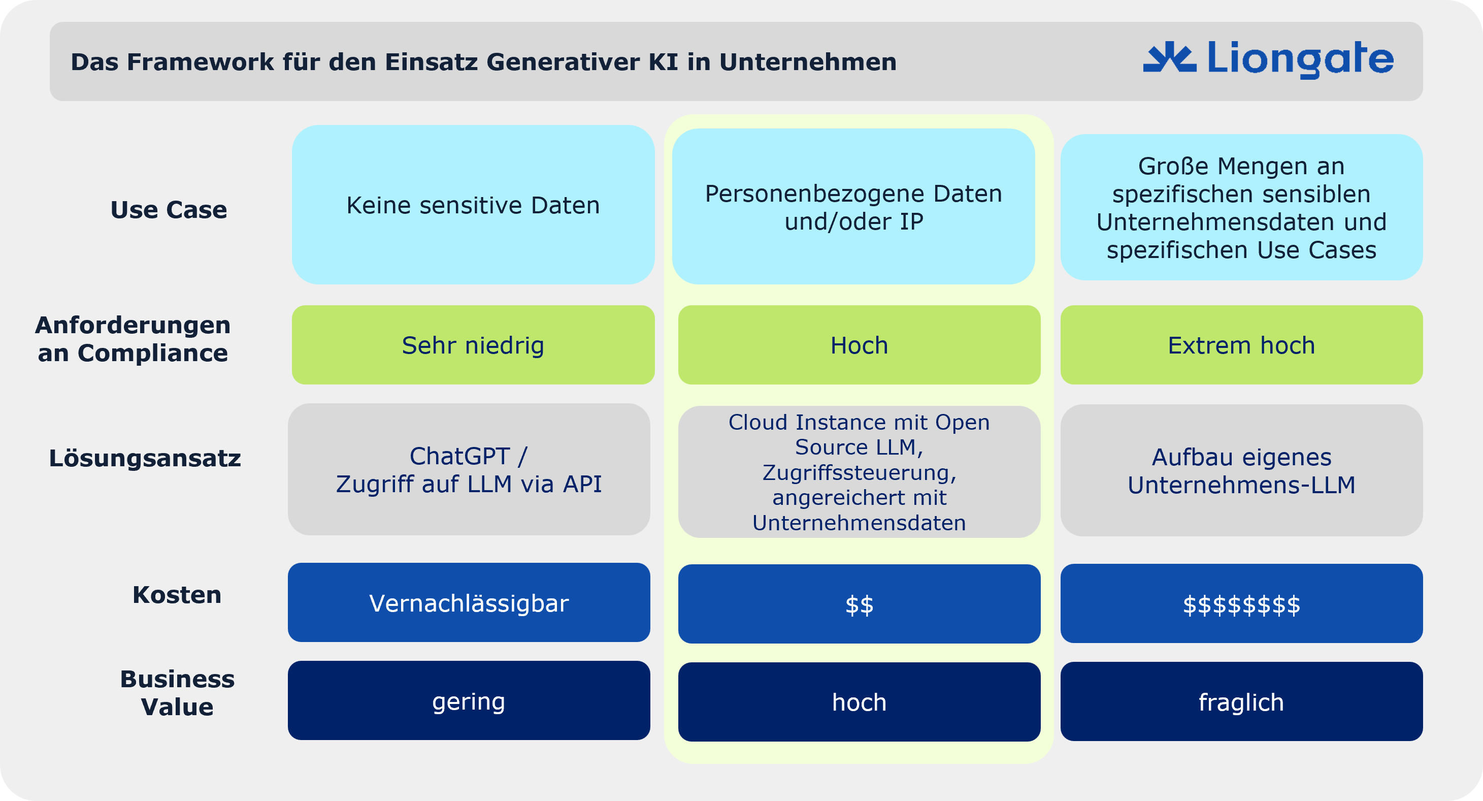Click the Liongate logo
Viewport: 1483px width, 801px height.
pos(1268,59)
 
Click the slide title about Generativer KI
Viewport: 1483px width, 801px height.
pos(483,61)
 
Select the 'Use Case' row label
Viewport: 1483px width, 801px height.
pos(169,210)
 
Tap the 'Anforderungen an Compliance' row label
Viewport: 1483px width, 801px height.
pos(133,339)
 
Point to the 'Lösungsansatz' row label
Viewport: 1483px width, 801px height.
pos(145,458)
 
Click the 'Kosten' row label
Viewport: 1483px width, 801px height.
pos(177,595)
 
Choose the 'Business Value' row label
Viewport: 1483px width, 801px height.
pos(177,693)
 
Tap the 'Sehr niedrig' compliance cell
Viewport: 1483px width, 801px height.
pos(473,345)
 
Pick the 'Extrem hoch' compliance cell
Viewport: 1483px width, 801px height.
pos(1242,345)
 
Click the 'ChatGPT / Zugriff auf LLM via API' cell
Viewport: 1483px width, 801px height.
pos(469,469)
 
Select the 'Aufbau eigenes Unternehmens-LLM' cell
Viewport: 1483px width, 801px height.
pos(1242,470)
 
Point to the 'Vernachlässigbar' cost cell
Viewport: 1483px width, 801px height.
pos(469,602)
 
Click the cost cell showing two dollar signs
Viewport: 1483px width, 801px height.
pos(860,604)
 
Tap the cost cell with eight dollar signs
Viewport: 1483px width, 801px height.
pos(1242,603)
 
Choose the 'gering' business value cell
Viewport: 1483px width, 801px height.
pos(469,700)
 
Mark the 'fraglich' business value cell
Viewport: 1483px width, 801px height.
pos(1242,701)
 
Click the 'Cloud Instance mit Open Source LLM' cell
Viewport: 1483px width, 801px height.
pos(860,472)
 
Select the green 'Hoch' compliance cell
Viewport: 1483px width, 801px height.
pos(860,345)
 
